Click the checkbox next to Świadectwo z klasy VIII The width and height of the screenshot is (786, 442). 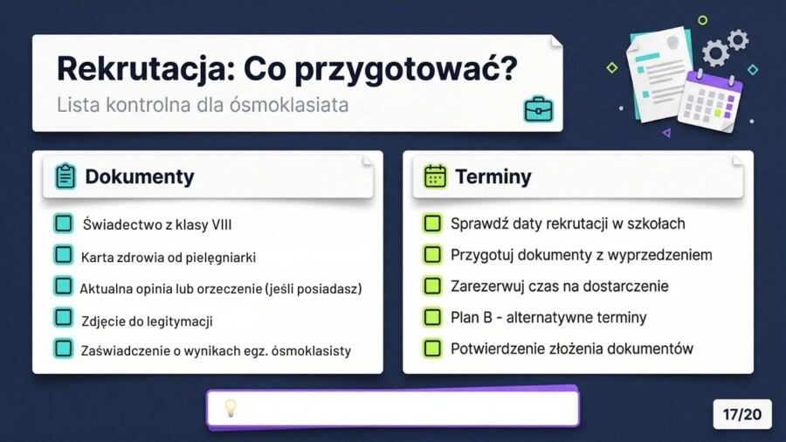(x=63, y=224)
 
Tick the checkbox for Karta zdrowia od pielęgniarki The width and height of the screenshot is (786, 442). (x=63, y=255)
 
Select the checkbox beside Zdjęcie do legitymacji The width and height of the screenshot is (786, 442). (x=63, y=318)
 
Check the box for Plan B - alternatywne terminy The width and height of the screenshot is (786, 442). (x=431, y=317)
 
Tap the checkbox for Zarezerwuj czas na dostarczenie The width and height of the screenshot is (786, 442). (x=431, y=286)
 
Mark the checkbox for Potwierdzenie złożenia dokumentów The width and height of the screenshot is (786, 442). (x=431, y=349)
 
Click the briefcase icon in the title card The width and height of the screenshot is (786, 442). (x=538, y=109)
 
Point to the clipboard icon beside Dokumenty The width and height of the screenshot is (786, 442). (x=65, y=176)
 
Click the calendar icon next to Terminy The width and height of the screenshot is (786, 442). (x=435, y=176)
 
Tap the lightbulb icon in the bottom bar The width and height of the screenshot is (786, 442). (x=231, y=408)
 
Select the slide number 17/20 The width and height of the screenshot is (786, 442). (x=742, y=415)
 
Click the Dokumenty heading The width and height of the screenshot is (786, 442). (x=139, y=176)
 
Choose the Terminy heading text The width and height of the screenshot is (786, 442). (x=493, y=176)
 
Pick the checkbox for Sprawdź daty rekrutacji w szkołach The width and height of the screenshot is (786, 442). (x=431, y=224)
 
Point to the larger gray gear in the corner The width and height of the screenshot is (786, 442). (x=715, y=53)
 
